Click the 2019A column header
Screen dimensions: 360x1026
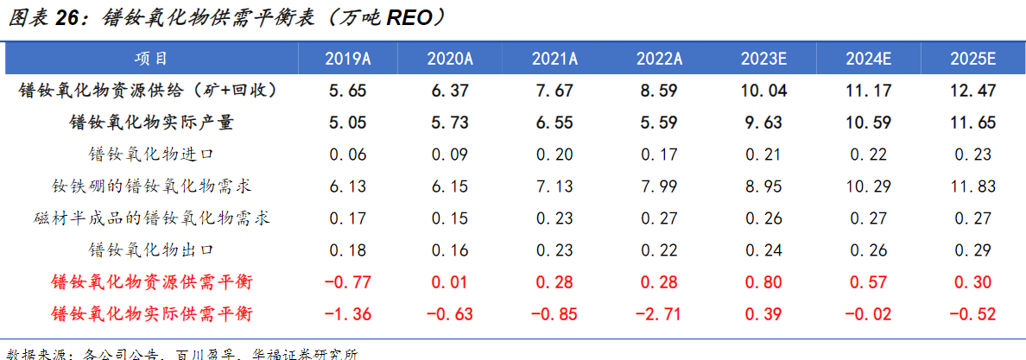[348, 60]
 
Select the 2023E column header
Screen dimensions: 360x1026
[763, 60]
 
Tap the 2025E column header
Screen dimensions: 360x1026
[973, 60]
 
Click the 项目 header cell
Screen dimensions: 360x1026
[151, 59]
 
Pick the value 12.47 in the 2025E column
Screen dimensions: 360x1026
[973, 91]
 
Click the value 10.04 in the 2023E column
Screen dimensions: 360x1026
[763, 91]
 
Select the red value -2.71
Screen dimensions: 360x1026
[659, 313]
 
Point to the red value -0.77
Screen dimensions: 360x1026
[348, 282]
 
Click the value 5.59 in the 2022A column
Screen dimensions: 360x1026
[659, 123]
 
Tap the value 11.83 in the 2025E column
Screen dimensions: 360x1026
[973, 186]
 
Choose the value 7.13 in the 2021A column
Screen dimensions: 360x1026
[553, 186]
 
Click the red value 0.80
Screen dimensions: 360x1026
[763, 282]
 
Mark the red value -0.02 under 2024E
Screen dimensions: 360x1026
[869, 313]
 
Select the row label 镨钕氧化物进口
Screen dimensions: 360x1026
[151, 155]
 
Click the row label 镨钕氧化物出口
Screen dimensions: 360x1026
[151, 250]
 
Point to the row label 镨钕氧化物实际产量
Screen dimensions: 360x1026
[151, 123]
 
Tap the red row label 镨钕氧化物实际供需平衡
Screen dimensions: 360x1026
[151, 313]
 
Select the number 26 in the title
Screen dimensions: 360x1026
[73, 18]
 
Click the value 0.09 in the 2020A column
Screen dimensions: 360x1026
[450, 155]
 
